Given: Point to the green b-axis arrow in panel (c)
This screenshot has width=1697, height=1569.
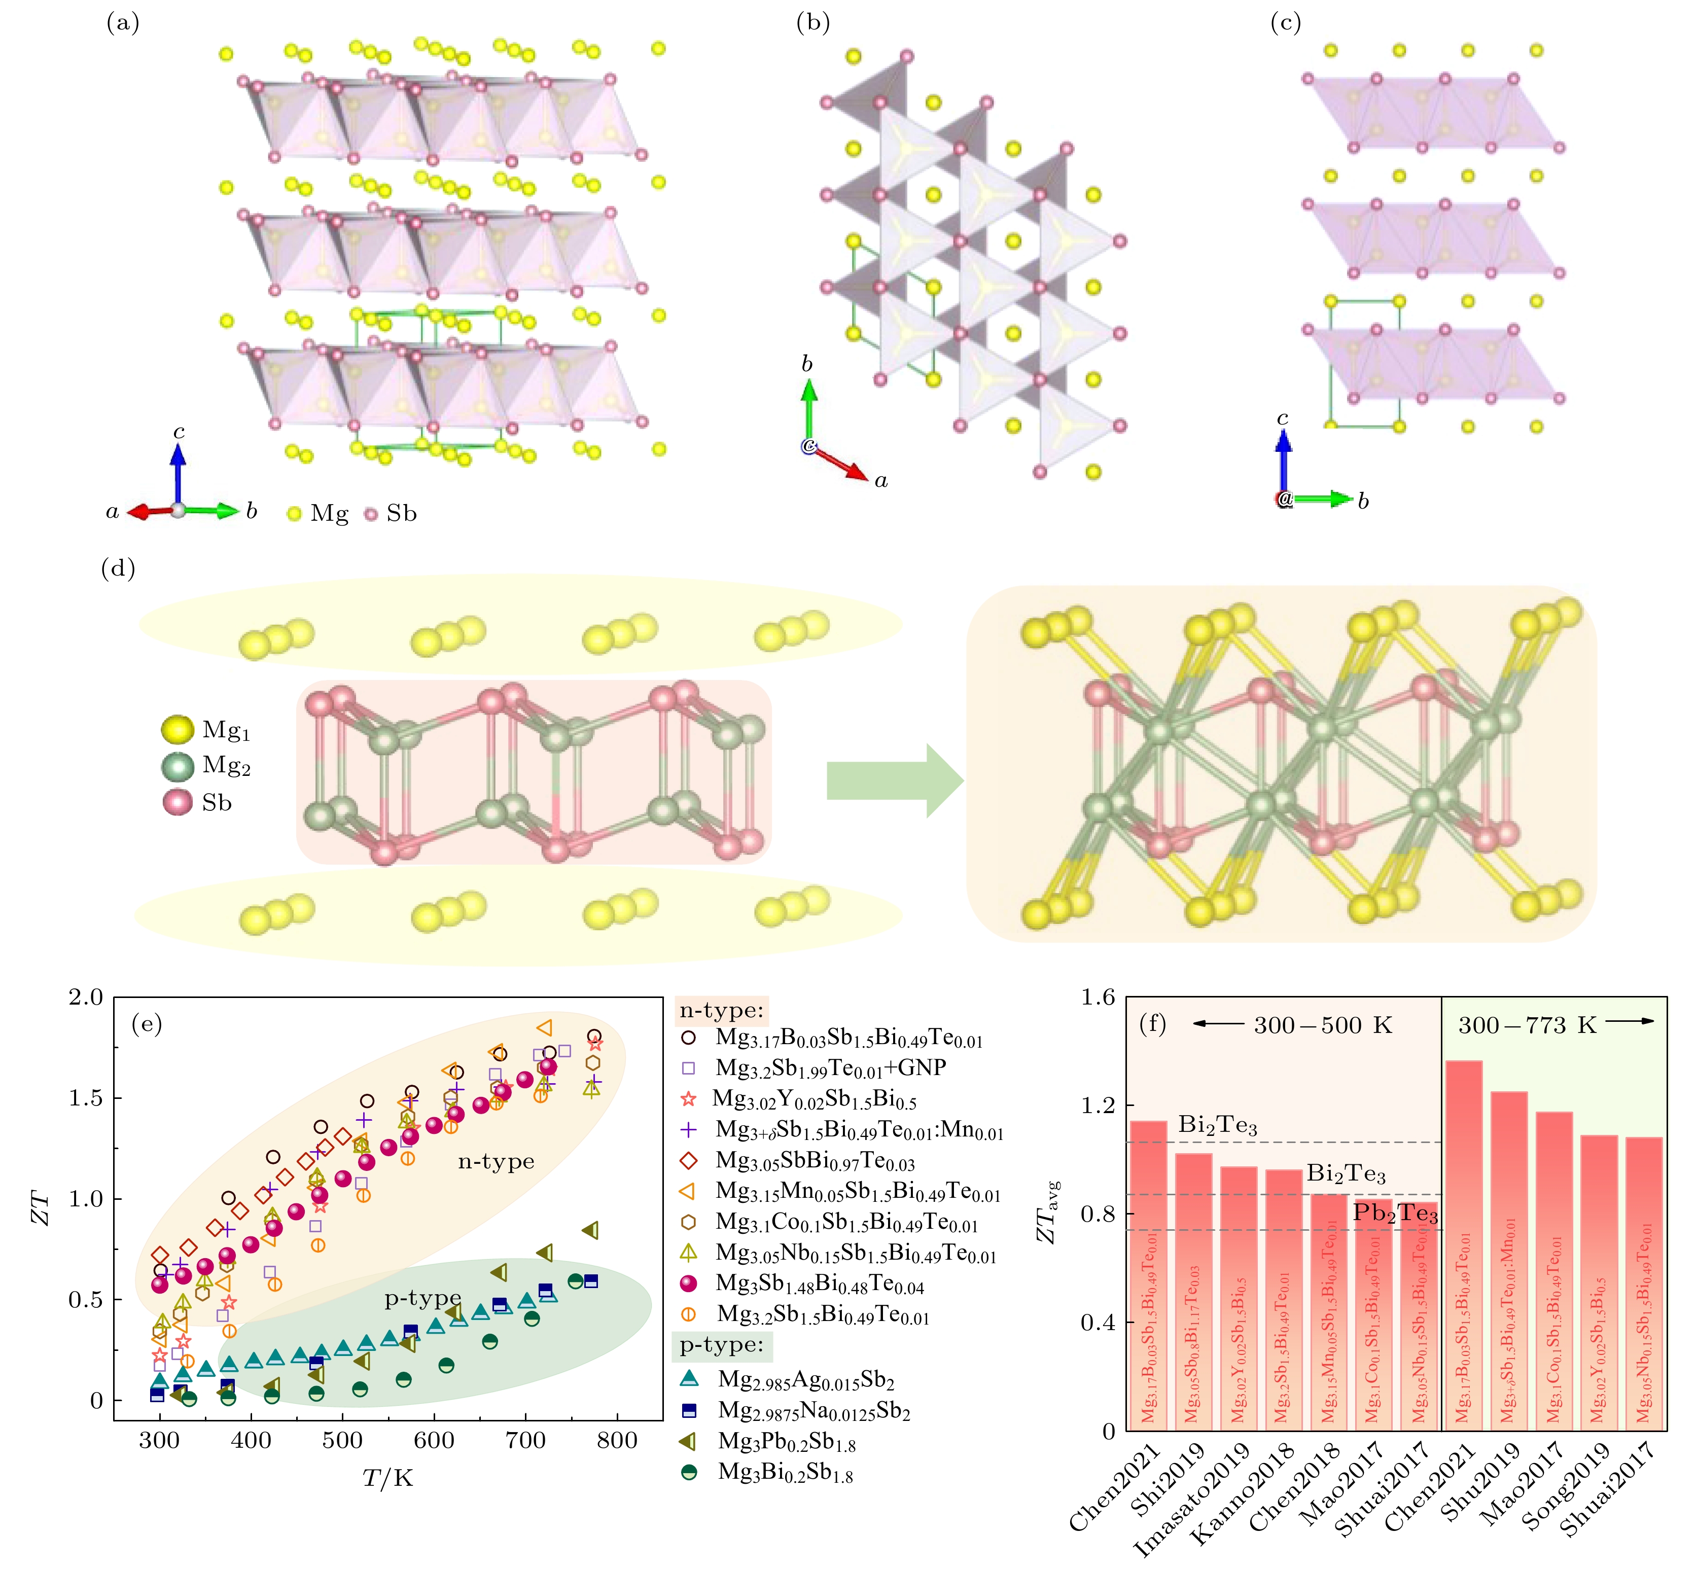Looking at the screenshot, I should point(1320,498).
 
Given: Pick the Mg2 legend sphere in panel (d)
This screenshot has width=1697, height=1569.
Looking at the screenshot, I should point(178,767).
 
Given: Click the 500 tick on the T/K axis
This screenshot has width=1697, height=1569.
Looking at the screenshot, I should point(342,1440).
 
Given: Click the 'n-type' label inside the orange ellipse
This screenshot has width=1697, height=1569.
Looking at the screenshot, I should point(496,1161).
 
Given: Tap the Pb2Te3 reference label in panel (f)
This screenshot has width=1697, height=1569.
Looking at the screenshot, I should point(1395,1213).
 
